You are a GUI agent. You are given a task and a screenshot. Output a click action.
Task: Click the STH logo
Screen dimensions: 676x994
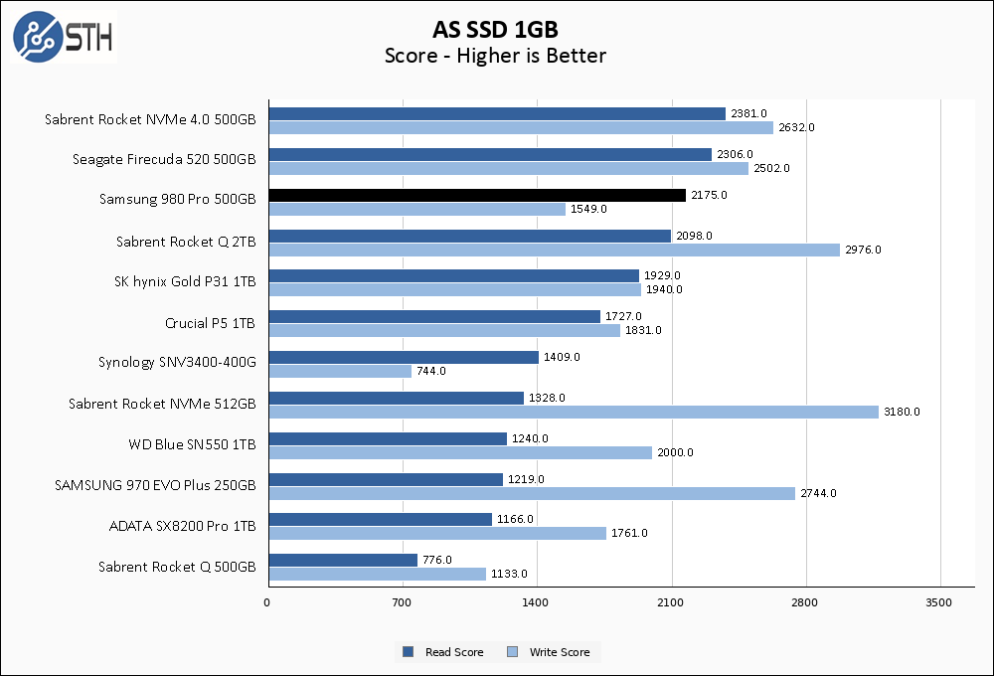pyautogui.click(x=63, y=36)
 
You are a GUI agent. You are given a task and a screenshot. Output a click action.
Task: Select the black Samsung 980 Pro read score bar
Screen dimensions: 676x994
pyautogui.click(x=476, y=195)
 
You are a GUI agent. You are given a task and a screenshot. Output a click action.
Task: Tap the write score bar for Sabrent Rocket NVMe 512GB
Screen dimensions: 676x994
pyautogui.click(x=573, y=412)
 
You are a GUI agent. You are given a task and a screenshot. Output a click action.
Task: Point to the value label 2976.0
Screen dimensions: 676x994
pyautogui.click(x=862, y=250)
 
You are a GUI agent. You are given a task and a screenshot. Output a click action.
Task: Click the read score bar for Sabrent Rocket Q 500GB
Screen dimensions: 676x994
pyautogui.click(x=342, y=560)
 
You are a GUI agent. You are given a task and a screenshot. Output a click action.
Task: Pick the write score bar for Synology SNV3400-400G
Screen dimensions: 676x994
pyautogui.click(x=339, y=371)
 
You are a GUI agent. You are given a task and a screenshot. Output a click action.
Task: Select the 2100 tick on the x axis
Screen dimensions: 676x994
pyautogui.click(x=671, y=602)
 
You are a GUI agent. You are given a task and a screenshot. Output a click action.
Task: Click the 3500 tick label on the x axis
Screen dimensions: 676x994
pyautogui.click(x=939, y=602)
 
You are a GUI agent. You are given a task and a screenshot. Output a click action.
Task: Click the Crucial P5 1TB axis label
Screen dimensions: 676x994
pyautogui.click(x=210, y=323)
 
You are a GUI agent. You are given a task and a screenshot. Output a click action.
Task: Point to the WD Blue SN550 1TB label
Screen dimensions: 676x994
pyautogui.click(x=192, y=444)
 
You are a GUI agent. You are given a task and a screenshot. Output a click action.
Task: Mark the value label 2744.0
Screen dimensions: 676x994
pyautogui.click(x=818, y=493)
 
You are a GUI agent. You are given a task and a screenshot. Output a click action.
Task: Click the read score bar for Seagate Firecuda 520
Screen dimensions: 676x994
pyautogui.click(x=489, y=154)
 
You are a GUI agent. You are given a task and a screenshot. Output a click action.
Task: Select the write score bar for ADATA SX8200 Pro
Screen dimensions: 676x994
pyautogui.click(x=436, y=533)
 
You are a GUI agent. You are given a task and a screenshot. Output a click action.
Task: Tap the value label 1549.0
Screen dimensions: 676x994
pyautogui.click(x=588, y=209)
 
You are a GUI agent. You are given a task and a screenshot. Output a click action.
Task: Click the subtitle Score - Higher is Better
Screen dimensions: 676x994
pyautogui.click(x=495, y=56)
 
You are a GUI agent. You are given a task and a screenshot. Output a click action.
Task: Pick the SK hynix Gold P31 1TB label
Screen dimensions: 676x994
pyautogui.click(x=185, y=282)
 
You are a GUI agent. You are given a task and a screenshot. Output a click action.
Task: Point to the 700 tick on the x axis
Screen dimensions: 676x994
pyautogui.click(x=403, y=602)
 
